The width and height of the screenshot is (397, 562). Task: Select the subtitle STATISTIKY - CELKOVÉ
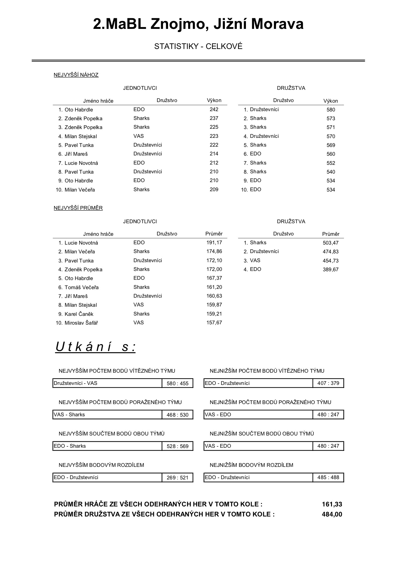click(198, 46)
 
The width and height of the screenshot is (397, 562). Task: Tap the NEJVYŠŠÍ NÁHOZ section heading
click(76, 75)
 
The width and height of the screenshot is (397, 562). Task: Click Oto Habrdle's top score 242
click(214, 110)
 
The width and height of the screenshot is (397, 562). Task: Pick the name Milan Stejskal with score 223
click(81, 136)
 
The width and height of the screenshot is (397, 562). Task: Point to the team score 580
click(331, 110)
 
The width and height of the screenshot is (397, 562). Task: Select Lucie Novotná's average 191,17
click(214, 243)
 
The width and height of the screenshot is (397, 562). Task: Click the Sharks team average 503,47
click(331, 243)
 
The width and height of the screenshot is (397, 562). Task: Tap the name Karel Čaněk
click(79, 314)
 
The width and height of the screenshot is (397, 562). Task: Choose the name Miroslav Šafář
click(81, 323)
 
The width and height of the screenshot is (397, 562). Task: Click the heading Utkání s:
click(95, 347)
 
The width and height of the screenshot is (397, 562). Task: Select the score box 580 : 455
click(177, 383)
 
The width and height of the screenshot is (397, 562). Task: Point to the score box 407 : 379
click(328, 383)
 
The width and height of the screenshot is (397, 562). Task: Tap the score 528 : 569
click(177, 446)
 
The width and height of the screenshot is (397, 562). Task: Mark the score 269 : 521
click(177, 478)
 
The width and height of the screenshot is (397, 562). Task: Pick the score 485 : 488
click(328, 477)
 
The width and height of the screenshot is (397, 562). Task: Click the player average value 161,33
click(332, 505)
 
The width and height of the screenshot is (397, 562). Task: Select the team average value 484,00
click(332, 514)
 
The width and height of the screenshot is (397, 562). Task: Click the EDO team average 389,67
click(331, 270)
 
